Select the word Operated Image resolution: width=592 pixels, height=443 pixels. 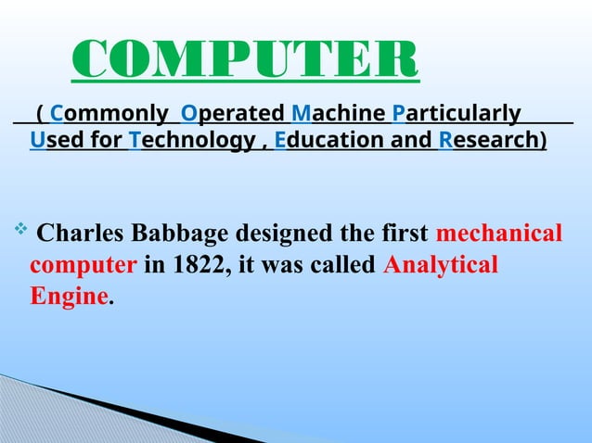pyautogui.click(x=232, y=114)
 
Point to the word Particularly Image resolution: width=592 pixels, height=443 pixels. pyautogui.click(x=457, y=114)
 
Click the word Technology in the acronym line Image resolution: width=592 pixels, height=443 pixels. pyautogui.click(x=191, y=141)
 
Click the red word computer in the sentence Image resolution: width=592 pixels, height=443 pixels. pyautogui.click(x=83, y=265)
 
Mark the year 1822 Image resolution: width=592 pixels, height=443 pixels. pyautogui.click(x=195, y=265)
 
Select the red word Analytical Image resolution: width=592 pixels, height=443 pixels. pyautogui.click(x=440, y=265)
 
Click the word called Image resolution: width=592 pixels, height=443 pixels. pyautogui.click(x=342, y=265)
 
